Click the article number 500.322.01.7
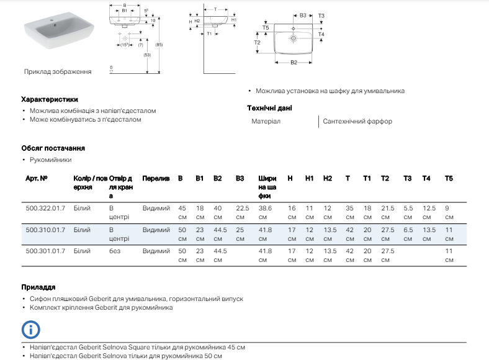click(x=45, y=209)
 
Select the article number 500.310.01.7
click(x=45, y=230)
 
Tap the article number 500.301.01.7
click(x=45, y=251)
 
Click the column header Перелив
click(x=156, y=179)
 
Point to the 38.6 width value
click(x=265, y=209)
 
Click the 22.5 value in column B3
click(x=242, y=209)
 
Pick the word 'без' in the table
click(x=115, y=251)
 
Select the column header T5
click(x=449, y=179)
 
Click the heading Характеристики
click(x=50, y=99)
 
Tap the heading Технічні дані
click(x=269, y=108)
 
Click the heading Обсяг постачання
click(x=53, y=148)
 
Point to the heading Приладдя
click(x=38, y=287)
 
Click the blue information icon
click(x=30, y=329)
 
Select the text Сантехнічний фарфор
click(x=357, y=122)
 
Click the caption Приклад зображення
click(x=58, y=71)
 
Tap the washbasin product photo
click(x=59, y=34)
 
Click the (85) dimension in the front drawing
click(x=159, y=45)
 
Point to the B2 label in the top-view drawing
click(x=294, y=62)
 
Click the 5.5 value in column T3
click(x=408, y=209)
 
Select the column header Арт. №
click(x=36, y=179)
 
